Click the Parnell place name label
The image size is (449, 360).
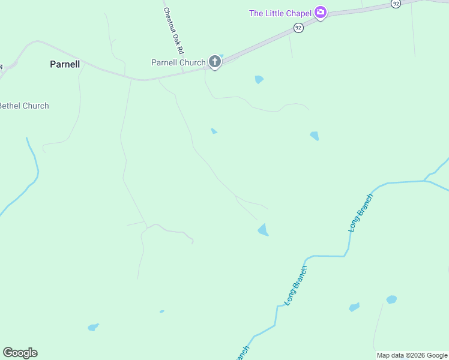[x=65, y=64]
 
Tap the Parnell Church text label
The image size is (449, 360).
[x=178, y=62]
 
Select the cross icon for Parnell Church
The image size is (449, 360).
[x=214, y=61]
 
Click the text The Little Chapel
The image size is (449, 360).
[x=280, y=13]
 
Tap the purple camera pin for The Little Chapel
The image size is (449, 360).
[x=321, y=13]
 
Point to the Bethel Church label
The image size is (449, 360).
[x=24, y=106]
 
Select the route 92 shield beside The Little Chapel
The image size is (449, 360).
[x=298, y=28]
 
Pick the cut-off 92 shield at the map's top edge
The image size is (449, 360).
[x=395, y=3]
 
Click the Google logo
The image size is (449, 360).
[x=20, y=353]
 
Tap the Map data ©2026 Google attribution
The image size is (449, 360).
[x=412, y=355]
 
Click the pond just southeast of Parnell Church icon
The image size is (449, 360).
[x=259, y=79]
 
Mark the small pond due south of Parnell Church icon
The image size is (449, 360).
[x=214, y=131]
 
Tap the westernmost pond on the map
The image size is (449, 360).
[x=93, y=327]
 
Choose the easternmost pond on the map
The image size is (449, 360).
[x=391, y=299]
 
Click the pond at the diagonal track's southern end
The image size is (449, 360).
[x=263, y=230]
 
